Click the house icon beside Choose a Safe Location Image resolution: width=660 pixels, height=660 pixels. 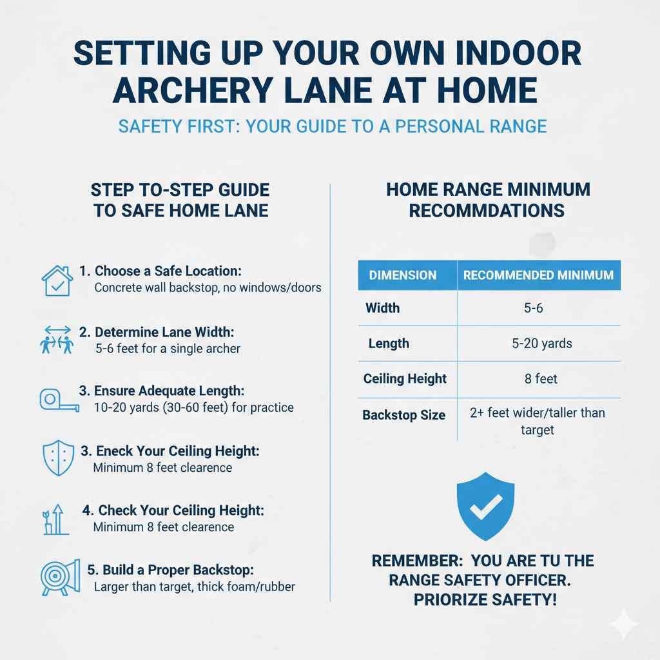[x=57, y=280]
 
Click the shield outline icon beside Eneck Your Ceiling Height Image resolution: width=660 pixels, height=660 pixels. [x=57, y=458]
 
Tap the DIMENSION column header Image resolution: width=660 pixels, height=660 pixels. [x=402, y=275]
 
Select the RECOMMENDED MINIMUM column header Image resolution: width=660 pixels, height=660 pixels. [x=538, y=275]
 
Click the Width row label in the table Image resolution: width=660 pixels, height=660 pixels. [x=382, y=308]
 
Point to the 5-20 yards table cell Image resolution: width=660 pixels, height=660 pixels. [x=541, y=344]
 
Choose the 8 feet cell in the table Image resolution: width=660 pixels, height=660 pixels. [x=541, y=379]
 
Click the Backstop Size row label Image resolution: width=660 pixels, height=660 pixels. [x=403, y=415]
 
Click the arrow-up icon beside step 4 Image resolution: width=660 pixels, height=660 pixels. [x=57, y=519]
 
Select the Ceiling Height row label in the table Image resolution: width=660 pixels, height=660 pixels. [x=405, y=379]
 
